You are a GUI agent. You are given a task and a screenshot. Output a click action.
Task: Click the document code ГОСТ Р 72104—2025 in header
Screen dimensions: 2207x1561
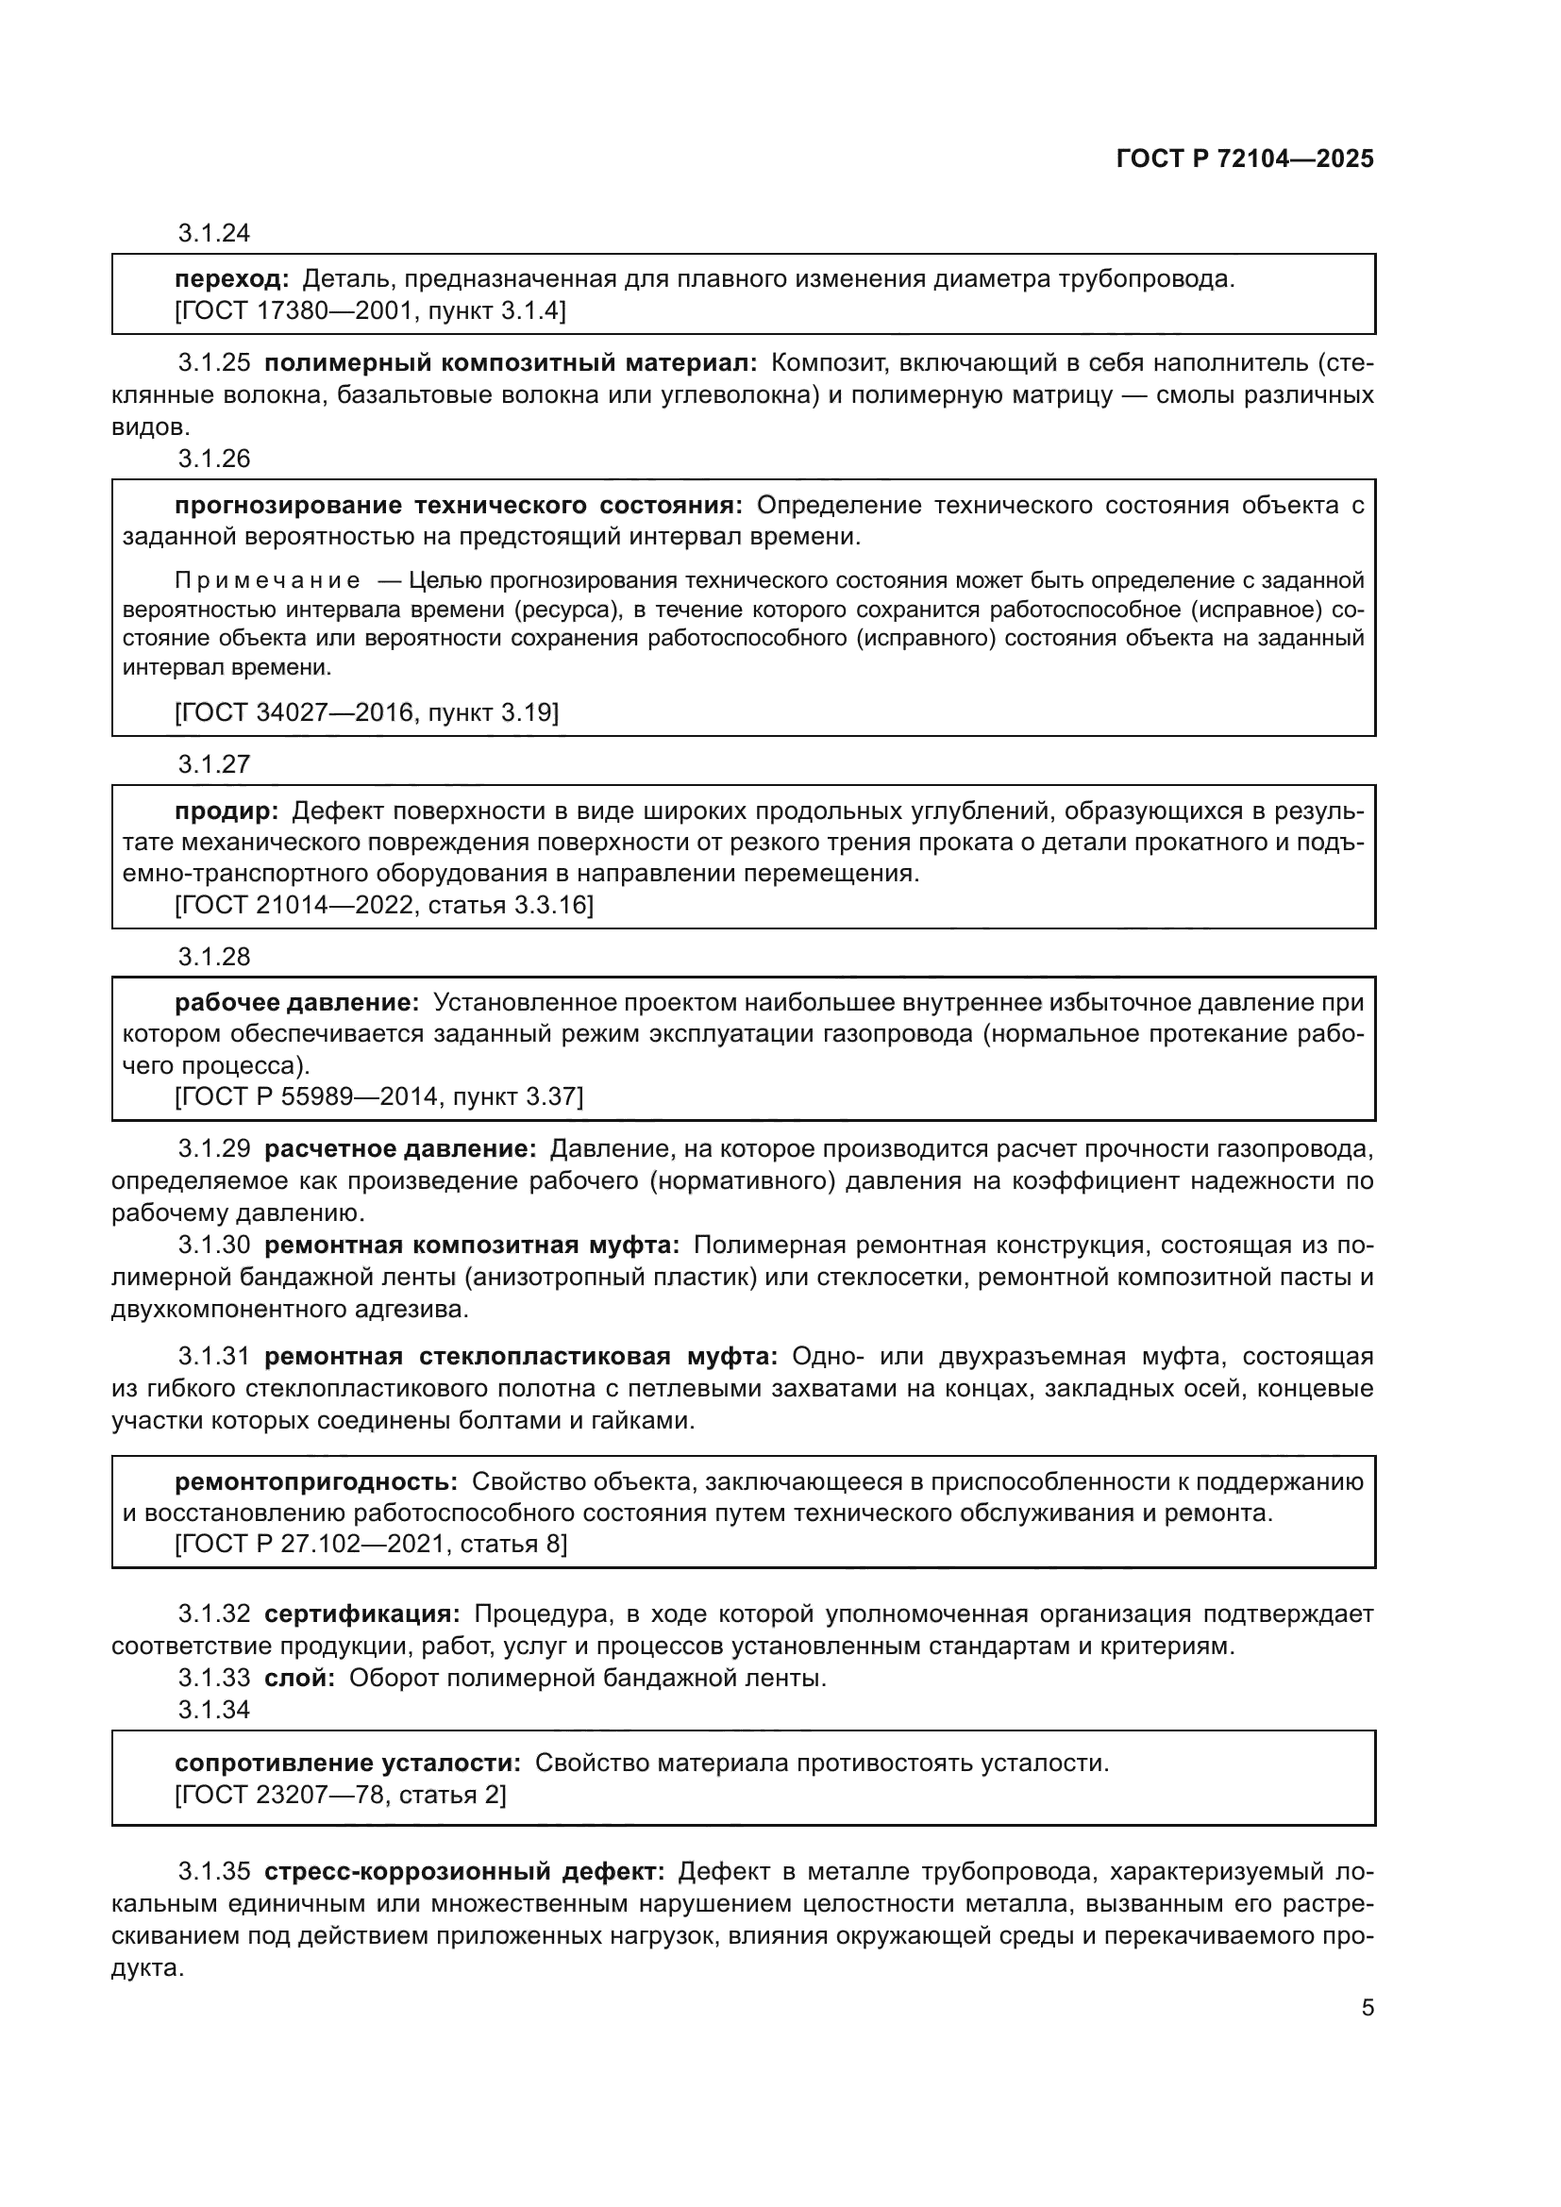click(x=1245, y=159)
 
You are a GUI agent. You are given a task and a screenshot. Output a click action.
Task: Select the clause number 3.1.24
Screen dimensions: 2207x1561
click(x=213, y=234)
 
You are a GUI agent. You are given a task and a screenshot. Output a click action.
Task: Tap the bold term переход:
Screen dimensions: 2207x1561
click(x=231, y=279)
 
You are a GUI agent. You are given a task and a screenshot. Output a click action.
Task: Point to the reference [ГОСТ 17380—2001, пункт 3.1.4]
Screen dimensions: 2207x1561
click(x=370, y=310)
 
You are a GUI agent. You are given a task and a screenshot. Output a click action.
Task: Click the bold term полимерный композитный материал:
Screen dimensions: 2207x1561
click(x=511, y=363)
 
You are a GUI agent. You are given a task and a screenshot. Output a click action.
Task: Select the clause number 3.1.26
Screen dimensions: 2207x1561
click(x=213, y=460)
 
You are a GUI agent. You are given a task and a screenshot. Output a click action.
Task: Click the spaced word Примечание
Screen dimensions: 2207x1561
click(x=267, y=580)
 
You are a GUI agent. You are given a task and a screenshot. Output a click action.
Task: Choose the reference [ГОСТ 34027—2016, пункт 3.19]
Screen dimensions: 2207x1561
click(x=366, y=712)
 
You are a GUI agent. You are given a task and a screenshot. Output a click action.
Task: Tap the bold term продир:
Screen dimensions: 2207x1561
click(x=226, y=811)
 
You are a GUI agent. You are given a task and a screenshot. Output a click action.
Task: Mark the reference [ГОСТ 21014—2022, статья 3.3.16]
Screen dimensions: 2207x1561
click(x=383, y=905)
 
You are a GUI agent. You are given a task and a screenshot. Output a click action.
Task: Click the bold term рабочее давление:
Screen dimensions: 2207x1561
click(x=296, y=1003)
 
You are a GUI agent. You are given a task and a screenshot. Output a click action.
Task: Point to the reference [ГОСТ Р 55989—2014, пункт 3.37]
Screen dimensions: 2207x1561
click(x=378, y=1096)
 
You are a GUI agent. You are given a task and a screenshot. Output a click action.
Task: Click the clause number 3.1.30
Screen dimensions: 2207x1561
click(x=213, y=1246)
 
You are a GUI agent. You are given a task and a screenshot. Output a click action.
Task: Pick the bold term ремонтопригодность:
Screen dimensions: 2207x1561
click(x=315, y=1482)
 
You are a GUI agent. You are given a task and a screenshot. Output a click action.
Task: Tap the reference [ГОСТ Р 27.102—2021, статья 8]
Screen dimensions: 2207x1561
click(x=371, y=1544)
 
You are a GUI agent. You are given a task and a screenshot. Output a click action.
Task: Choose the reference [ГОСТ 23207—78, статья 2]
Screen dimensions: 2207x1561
click(x=341, y=1795)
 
